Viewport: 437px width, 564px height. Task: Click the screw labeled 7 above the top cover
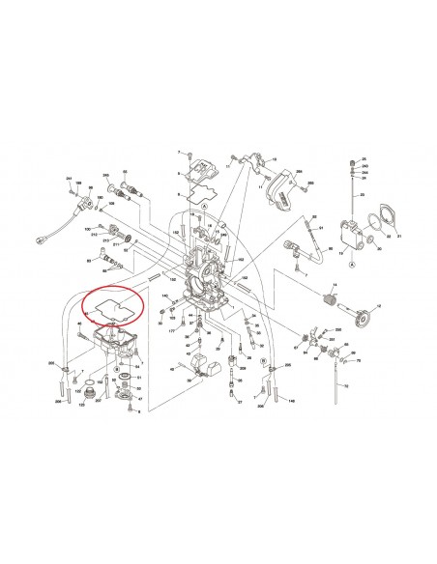tap(192, 155)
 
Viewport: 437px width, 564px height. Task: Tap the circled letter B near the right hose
tap(265, 359)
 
